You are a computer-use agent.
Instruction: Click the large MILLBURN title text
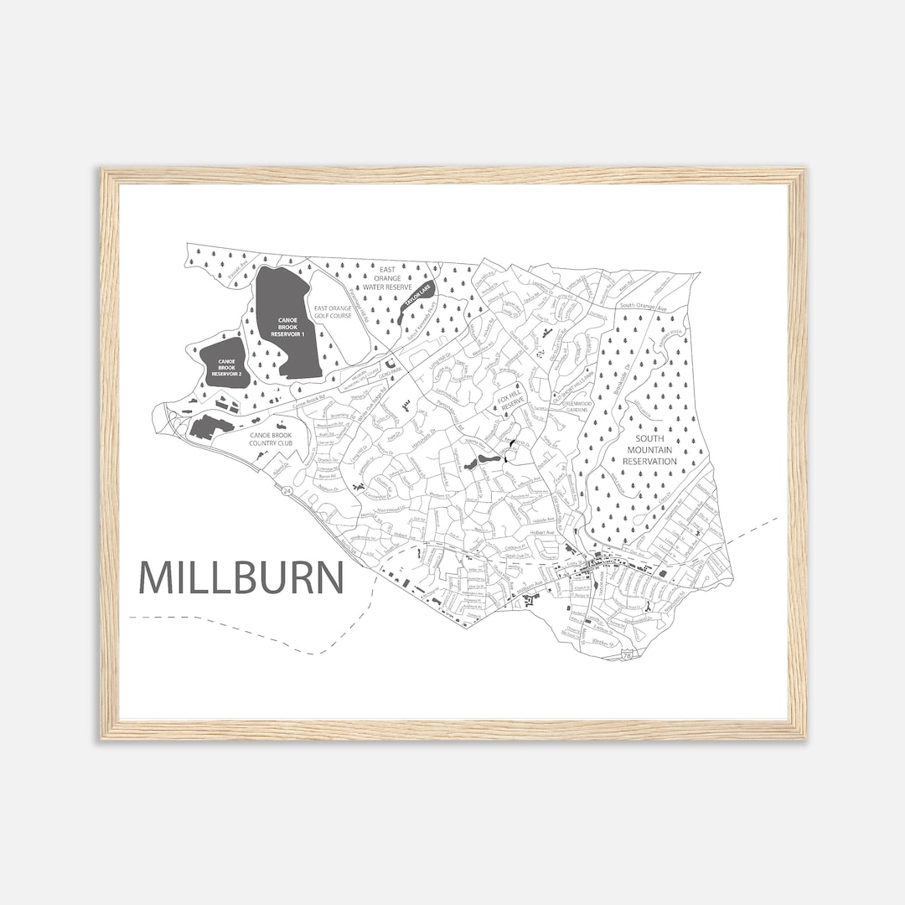(x=241, y=577)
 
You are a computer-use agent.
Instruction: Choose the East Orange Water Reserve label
(x=387, y=279)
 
